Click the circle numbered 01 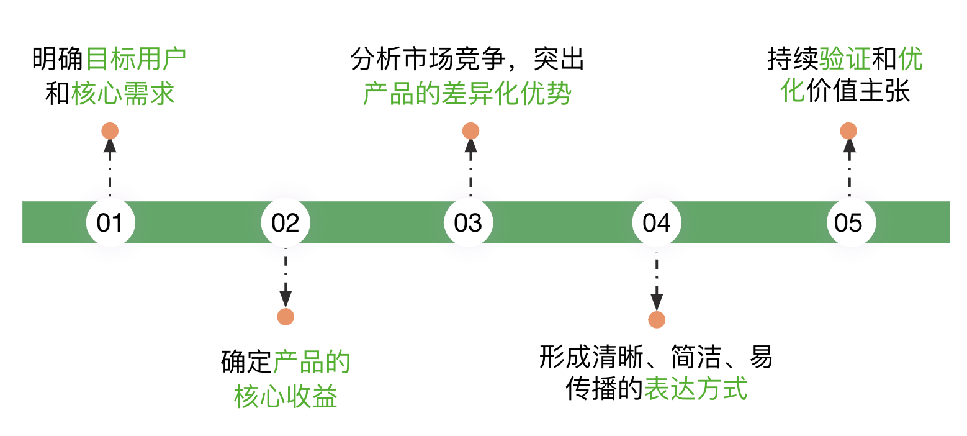(x=110, y=222)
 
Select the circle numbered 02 (x=286, y=222)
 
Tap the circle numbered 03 (x=469, y=222)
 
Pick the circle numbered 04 (x=657, y=222)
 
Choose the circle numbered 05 (x=851, y=222)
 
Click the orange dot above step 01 (x=110, y=131)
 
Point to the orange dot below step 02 (x=286, y=317)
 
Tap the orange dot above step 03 (x=470, y=131)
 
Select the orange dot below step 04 (x=657, y=320)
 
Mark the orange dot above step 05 (x=848, y=131)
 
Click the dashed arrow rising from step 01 (x=110, y=168)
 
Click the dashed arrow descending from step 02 (x=286, y=278)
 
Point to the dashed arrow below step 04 (x=657, y=281)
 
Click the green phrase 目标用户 (x=136, y=59)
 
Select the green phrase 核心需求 (x=123, y=93)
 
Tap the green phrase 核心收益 (x=286, y=397)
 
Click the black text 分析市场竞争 (x=428, y=59)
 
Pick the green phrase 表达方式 (x=696, y=389)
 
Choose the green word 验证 (x=845, y=59)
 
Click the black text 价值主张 (x=858, y=91)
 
